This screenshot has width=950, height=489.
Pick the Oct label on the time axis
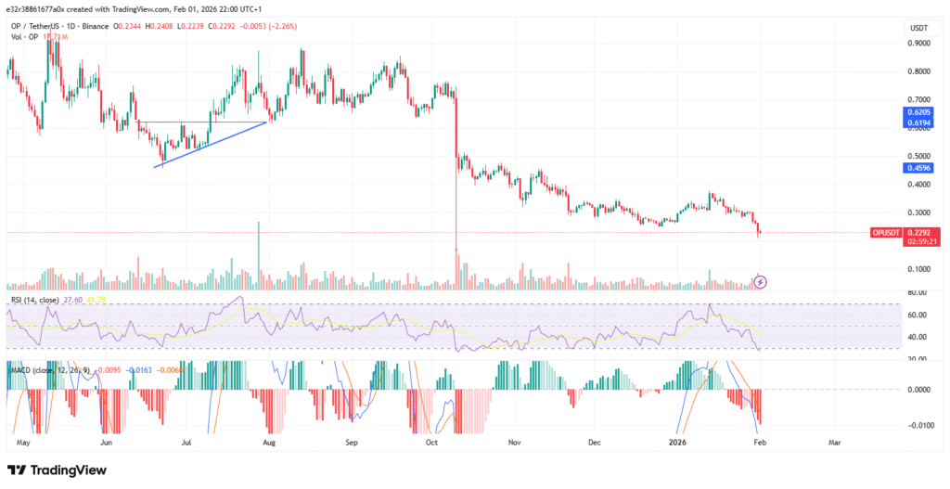tap(432, 444)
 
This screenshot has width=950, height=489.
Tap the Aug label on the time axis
tap(270, 444)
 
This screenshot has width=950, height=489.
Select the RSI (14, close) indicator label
tap(32, 300)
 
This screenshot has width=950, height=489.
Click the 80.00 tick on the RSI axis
tap(917, 292)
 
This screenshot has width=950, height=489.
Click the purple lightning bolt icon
tap(760, 281)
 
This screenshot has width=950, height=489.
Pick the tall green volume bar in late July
tap(258, 256)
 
